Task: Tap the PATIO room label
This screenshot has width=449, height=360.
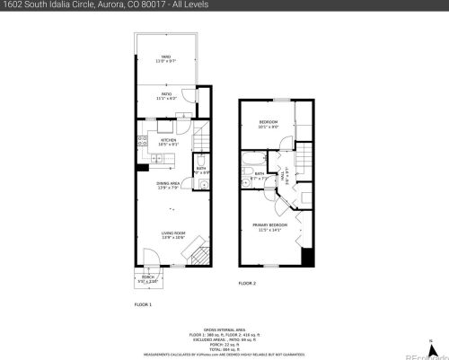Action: click(165, 96)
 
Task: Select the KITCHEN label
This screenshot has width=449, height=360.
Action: click(168, 140)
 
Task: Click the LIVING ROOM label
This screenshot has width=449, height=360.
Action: click(172, 234)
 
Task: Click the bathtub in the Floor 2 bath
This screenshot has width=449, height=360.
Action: click(252, 161)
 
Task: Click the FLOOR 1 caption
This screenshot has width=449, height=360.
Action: click(144, 305)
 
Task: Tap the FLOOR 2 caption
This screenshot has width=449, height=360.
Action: click(247, 283)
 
